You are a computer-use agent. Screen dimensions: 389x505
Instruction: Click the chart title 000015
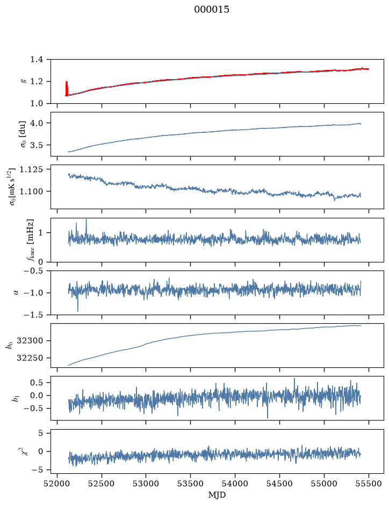[211, 10]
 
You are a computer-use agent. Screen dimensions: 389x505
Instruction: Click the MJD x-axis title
[217, 495]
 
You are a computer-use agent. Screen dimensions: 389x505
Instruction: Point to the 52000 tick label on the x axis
[57, 483]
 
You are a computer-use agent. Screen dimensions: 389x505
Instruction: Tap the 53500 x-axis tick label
[191, 483]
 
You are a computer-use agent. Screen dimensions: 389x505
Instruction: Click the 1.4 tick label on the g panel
[37, 60]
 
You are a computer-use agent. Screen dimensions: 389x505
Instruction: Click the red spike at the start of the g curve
[67, 88]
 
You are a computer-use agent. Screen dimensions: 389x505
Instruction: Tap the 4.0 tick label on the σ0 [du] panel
[37, 123]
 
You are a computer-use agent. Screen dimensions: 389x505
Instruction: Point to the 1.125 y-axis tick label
[31, 169]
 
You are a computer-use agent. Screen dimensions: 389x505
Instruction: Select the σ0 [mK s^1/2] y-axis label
[13, 187]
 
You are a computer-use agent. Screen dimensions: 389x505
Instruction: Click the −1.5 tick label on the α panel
[34, 315]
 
